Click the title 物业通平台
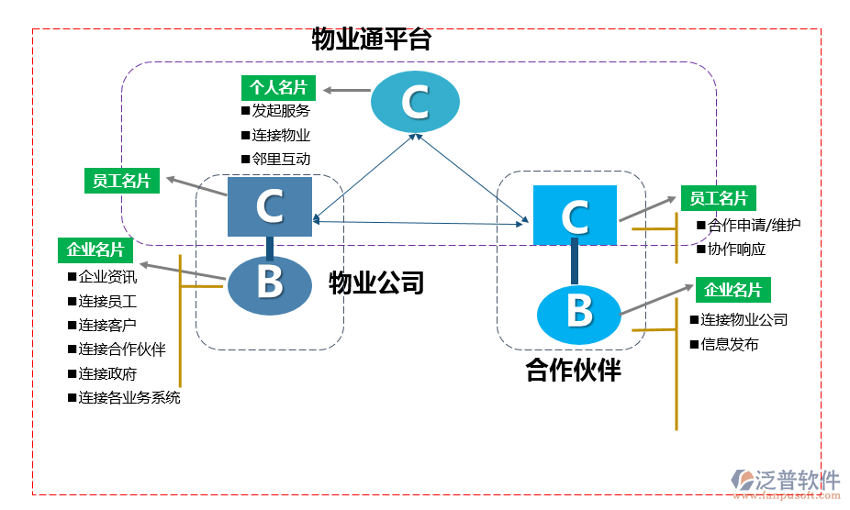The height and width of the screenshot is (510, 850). tap(372, 39)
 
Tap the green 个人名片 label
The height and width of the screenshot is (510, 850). tap(278, 88)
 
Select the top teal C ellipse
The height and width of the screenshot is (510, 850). tap(415, 102)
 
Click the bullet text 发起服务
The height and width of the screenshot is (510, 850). tap(281, 111)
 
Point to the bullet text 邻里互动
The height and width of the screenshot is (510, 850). tap(281, 159)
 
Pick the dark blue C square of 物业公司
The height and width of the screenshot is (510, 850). tap(270, 206)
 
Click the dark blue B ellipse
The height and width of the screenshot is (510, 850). tap(270, 283)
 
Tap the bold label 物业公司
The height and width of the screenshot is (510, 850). tap(376, 283)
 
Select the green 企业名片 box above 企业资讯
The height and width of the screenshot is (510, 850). tap(95, 249)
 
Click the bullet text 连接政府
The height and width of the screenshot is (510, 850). tap(107, 373)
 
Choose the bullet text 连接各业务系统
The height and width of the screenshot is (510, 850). tap(129, 397)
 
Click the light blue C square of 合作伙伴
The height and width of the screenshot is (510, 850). tap(575, 215)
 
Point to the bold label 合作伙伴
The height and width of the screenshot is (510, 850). tap(573, 371)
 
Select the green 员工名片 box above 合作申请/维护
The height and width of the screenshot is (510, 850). tap(718, 199)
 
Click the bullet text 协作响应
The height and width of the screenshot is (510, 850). tap(736, 249)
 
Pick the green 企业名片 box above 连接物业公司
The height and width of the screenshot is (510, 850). tap(733, 291)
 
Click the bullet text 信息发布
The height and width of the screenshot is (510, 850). tap(730, 345)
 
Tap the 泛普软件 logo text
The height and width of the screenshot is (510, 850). tap(797, 479)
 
